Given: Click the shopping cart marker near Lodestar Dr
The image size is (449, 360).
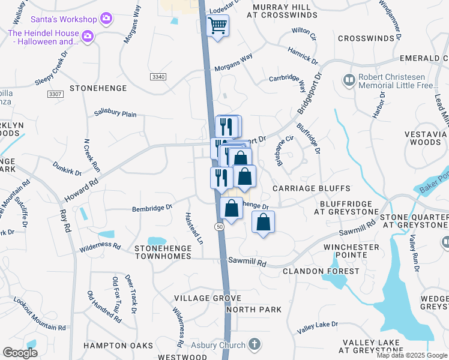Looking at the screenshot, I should (217, 26).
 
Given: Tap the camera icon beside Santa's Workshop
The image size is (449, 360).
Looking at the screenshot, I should (106, 19).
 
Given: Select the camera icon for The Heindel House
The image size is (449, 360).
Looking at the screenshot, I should (87, 37).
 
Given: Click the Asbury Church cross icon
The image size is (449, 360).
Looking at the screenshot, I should (255, 344).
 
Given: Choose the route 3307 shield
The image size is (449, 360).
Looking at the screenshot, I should (55, 95).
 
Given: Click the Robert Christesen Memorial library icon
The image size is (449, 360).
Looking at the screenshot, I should (348, 79).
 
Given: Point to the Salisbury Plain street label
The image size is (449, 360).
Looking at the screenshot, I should (116, 113).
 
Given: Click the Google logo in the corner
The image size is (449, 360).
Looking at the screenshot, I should (20, 353).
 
